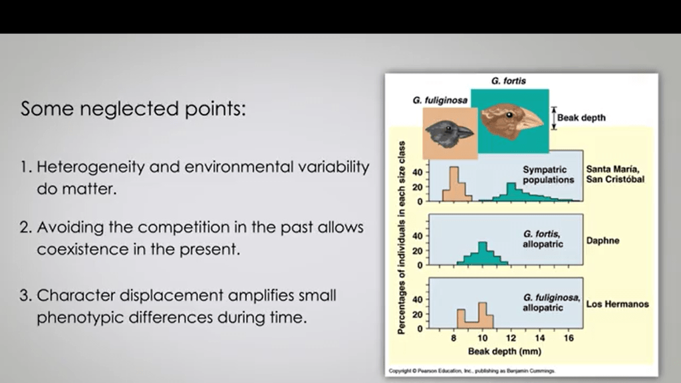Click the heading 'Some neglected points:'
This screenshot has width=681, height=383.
(133, 108)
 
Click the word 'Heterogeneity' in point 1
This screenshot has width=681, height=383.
(90, 167)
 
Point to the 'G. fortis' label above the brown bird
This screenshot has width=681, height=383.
(509, 81)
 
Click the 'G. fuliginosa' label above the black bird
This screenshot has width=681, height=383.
(440, 100)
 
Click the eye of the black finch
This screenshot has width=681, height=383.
(448, 128)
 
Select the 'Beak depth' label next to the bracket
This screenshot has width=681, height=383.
(581, 118)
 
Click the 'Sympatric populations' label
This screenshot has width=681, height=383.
(548, 175)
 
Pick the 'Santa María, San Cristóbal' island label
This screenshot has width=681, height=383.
(615, 174)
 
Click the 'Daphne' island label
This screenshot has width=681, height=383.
(603, 241)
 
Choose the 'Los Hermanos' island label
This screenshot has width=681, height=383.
(617, 304)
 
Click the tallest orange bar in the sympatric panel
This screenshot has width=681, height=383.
(454, 184)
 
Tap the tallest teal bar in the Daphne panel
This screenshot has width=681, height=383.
(483, 253)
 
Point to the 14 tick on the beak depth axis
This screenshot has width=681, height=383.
(540, 338)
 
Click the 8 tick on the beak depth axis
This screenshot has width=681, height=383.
(454, 338)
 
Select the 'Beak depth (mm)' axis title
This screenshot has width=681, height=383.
(505, 351)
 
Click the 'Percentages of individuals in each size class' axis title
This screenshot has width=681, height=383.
(402, 237)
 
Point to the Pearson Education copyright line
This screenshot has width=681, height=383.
(472, 371)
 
